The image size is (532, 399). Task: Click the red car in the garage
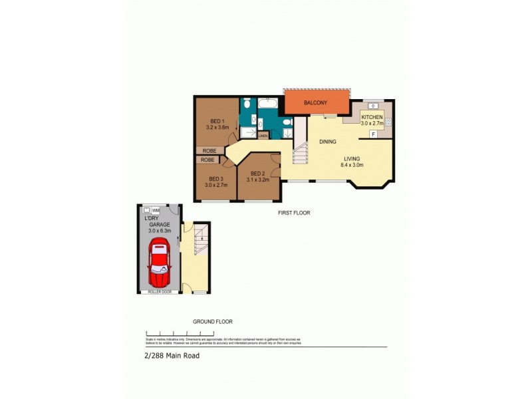pyautogui.click(x=160, y=261)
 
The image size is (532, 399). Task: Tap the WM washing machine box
pyautogui.click(x=156, y=211)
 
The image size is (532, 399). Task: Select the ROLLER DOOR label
pyautogui.click(x=158, y=292)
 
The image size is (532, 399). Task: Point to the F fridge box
pyautogui.click(x=374, y=134)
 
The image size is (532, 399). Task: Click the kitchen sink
pyautogui.click(x=372, y=106)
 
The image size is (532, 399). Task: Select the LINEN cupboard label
pyautogui.click(x=263, y=136)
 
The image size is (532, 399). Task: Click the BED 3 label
pyautogui.click(x=215, y=178)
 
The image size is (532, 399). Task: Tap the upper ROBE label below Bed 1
pyautogui.click(x=209, y=151)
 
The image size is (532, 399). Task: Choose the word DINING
pyautogui.click(x=327, y=142)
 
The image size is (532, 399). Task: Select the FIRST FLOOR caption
pyautogui.click(x=294, y=213)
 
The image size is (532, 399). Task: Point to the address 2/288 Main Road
pyautogui.click(x=172, y=355)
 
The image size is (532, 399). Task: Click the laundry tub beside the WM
pyautogui.click(x=146, y=211)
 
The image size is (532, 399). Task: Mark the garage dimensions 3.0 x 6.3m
pyautogui.click(x=158, y=231)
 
